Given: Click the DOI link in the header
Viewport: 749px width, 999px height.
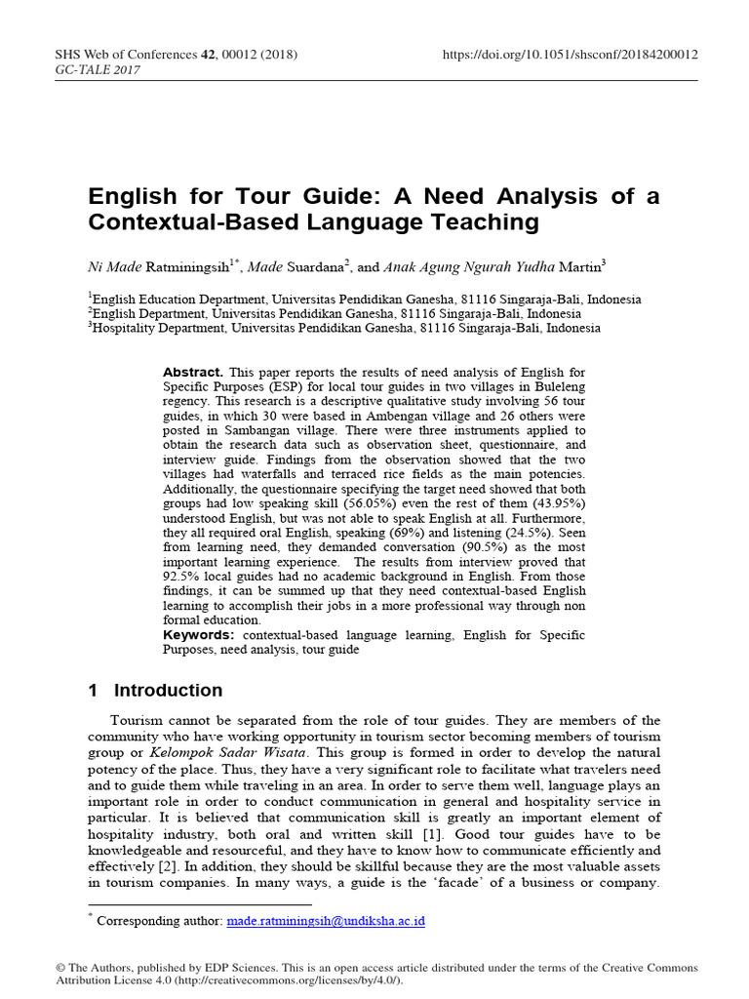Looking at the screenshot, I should tap(571, 55).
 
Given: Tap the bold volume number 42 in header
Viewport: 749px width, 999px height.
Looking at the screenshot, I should tap(209, 55).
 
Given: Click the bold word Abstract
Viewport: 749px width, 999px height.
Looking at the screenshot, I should tap(193, 373).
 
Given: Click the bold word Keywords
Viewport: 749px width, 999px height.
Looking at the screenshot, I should tap(199, 635).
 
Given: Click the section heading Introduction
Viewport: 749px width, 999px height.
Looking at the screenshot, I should tap(168, 691).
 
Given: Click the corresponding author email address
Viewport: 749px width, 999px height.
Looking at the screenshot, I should tap(326, 920).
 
